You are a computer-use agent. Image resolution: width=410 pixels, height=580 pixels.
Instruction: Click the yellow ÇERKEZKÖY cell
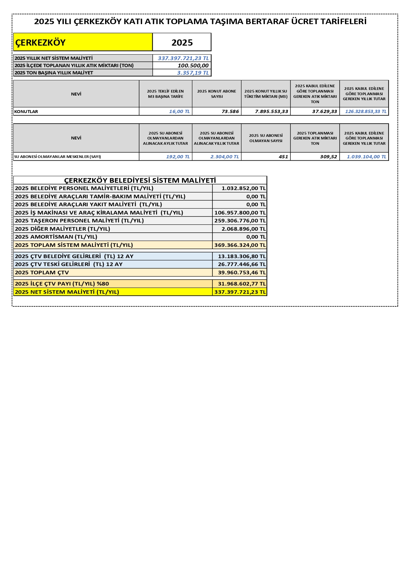[83, 42]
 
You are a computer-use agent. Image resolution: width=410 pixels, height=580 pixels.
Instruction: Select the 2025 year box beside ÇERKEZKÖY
[182, 42]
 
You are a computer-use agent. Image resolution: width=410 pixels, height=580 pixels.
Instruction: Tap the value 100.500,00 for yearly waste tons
[193, 65]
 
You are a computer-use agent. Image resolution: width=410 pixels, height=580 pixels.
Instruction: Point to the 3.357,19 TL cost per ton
[193, 73]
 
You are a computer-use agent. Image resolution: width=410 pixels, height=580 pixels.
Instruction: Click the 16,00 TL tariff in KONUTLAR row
[179, 111]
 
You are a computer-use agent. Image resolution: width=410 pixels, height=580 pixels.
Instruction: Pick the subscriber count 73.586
[230, 111]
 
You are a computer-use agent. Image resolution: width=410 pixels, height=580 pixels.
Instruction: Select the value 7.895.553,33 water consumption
[271, 111]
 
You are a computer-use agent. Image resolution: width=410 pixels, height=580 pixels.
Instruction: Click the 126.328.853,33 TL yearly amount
[365, 111]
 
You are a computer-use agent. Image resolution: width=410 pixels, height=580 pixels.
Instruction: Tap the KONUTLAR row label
[26, 111]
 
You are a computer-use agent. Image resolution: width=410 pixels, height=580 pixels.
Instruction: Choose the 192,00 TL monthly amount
[178, 157]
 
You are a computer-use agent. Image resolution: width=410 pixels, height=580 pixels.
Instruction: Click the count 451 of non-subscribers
[283, 157]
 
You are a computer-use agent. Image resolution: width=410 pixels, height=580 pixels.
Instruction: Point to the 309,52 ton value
[328, 157]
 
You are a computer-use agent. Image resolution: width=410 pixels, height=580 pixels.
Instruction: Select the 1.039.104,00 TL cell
[366, 157]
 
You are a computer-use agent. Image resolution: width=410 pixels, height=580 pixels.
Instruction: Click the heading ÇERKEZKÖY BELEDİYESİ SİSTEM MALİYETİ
[140, 180]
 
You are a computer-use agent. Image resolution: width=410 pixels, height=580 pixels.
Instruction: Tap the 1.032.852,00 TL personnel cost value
[243, 188]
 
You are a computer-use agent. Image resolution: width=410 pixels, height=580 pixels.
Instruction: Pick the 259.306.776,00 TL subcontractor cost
[240, 220]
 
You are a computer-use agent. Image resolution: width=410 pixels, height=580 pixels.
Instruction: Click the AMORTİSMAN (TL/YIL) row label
[56, 237]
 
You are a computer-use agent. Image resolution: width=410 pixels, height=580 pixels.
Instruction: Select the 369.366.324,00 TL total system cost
[240, 245]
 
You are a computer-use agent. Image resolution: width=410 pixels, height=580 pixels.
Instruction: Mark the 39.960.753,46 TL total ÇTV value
[242, 272]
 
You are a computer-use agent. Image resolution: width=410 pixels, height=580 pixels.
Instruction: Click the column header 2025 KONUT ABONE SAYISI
[217, 94]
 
